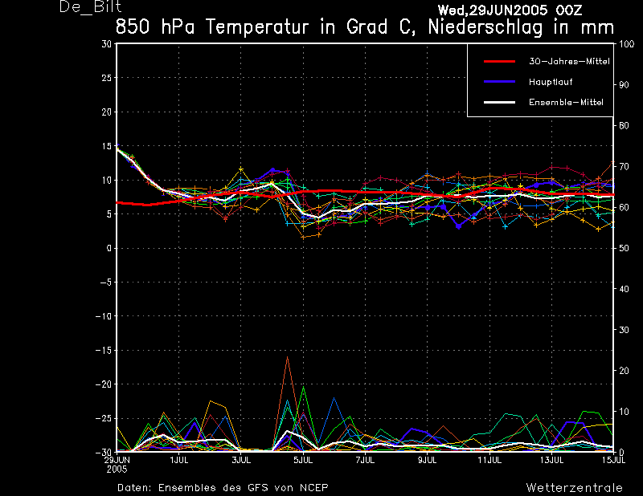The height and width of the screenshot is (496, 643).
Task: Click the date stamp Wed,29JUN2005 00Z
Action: [510, 10]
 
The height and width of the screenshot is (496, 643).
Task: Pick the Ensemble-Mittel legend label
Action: [566, 102]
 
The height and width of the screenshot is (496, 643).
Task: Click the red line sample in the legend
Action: [498, 62]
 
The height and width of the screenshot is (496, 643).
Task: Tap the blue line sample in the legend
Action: [498, 82]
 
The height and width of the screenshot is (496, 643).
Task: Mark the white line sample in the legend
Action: [498, 102]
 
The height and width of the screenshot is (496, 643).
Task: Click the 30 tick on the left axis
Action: [107, 44]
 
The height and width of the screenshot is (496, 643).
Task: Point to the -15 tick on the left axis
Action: [104, 350]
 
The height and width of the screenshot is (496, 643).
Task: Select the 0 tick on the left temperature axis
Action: [109, 248]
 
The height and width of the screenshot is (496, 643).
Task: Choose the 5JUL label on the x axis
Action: [302, 460]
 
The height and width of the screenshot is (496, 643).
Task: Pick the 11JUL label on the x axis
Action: [489, 460]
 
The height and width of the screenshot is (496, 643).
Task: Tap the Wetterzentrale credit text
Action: [574, 487]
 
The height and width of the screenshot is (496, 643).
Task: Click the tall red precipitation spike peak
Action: [287, 357]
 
